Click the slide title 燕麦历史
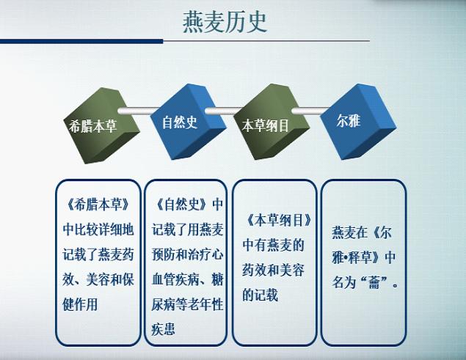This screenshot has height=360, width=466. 225,23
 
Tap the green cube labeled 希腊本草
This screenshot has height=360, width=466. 102,125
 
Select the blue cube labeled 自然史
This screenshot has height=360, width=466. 188,121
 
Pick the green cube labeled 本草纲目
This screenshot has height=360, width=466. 272,122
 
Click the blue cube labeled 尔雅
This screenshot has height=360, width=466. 358,122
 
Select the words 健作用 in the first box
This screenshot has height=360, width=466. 80,304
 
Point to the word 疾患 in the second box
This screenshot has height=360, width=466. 163,329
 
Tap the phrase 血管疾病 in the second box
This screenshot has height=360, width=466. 175,279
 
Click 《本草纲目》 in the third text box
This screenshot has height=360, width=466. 279,221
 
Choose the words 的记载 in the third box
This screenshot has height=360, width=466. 260,295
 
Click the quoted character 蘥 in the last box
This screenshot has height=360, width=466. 374,282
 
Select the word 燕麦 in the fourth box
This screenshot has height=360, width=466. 344,232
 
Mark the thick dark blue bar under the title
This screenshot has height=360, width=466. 81,41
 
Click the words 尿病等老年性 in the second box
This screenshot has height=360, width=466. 187,304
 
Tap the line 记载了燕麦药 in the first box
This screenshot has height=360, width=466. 98,254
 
